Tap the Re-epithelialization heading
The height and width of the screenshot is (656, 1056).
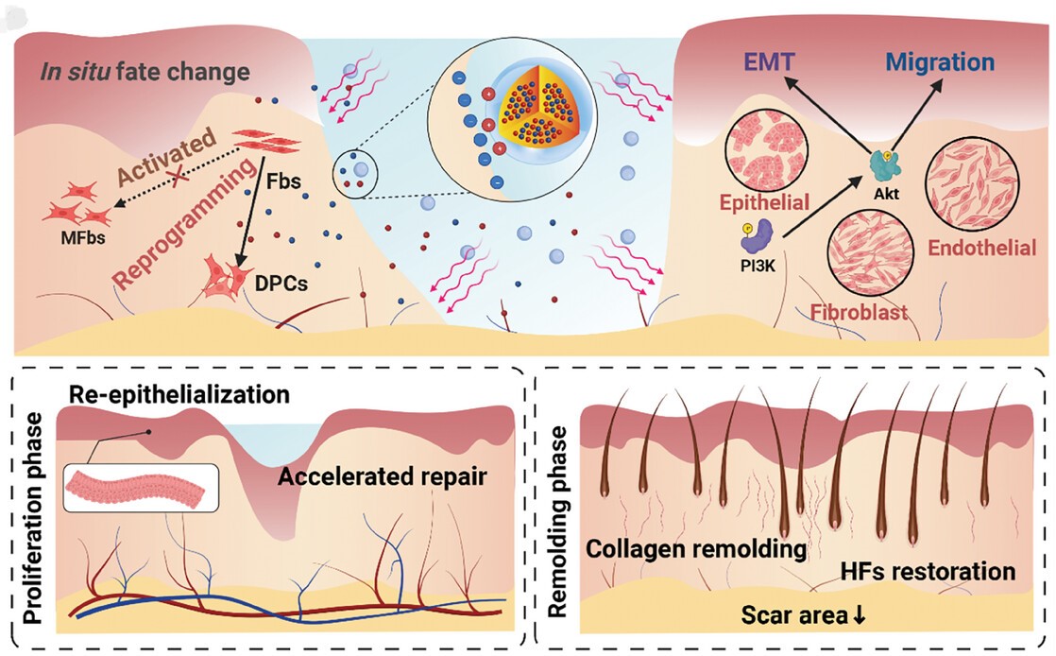178,391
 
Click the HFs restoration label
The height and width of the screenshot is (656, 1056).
928,571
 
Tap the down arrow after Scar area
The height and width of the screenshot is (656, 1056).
859,616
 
